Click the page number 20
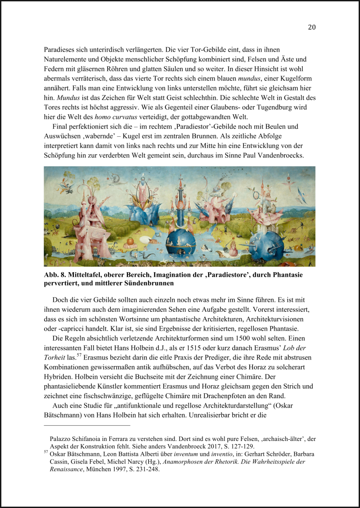click(x=312, y=27)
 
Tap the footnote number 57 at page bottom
click(x=46, y=452)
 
